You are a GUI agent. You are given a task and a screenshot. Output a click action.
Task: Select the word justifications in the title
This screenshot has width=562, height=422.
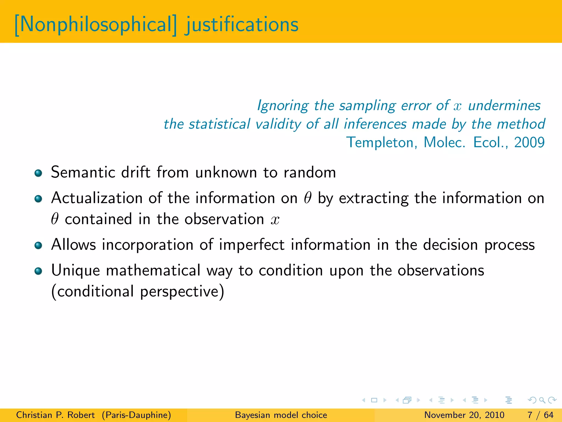coord(241,25)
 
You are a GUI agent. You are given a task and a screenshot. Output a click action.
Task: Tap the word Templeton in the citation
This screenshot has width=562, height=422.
coord(381,142)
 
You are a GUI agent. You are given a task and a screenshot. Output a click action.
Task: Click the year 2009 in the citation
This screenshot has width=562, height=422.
coord(529,142)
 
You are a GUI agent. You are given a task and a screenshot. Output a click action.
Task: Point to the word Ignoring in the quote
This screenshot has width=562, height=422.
coord(283,106)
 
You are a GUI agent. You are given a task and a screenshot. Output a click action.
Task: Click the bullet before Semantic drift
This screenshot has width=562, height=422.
coord(38,173)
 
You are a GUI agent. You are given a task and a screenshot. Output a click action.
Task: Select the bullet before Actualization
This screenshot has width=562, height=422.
coord(38,199)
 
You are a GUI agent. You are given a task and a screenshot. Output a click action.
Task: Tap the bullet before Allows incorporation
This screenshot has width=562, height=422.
coord(38,245)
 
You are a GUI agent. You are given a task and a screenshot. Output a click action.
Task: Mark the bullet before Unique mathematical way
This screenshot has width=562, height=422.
coord(38,271)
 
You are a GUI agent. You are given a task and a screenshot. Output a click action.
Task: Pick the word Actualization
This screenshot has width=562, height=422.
coord(97,198)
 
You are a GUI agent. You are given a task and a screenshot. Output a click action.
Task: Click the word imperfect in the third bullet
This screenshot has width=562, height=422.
coord(252,245)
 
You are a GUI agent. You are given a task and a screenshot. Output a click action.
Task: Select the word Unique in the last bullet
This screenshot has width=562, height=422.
coord(75,271)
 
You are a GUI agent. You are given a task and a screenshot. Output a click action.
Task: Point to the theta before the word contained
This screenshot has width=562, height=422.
coord(55,219)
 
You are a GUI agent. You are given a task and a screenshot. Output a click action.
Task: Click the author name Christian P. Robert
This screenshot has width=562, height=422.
coord(55,415)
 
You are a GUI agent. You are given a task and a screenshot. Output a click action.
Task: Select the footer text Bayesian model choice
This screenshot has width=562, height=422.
coord(281,415)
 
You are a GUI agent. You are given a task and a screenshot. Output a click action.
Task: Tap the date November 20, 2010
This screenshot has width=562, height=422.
coord(464,415)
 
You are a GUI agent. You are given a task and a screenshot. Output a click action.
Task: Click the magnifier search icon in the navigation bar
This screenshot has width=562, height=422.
coord(542,400)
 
